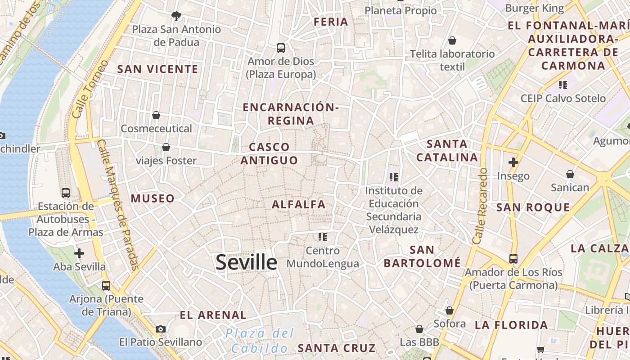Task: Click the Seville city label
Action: point(246,262)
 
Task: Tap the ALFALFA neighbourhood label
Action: point(298,204)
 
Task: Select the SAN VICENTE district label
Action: point(157,69)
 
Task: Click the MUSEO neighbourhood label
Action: point(153,198)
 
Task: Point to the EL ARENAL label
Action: point(213,315)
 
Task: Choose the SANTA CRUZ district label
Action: point(337,348)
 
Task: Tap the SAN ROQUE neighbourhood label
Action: point(533,207)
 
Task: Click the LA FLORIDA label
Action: point(511,325)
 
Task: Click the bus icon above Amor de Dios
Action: point(281,48)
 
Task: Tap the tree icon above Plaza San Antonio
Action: point(176,16)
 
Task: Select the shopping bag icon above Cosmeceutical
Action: point(156,115)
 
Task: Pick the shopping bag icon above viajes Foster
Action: point(166,147)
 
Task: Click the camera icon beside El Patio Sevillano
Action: point(161,329)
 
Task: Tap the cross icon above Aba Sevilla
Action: point(79,253)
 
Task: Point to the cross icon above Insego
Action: point(513,162)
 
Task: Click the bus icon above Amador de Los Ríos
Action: point(513,259)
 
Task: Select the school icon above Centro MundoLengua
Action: point(323,237)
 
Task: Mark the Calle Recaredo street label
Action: point(481,206)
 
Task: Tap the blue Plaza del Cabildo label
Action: point(260,341)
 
